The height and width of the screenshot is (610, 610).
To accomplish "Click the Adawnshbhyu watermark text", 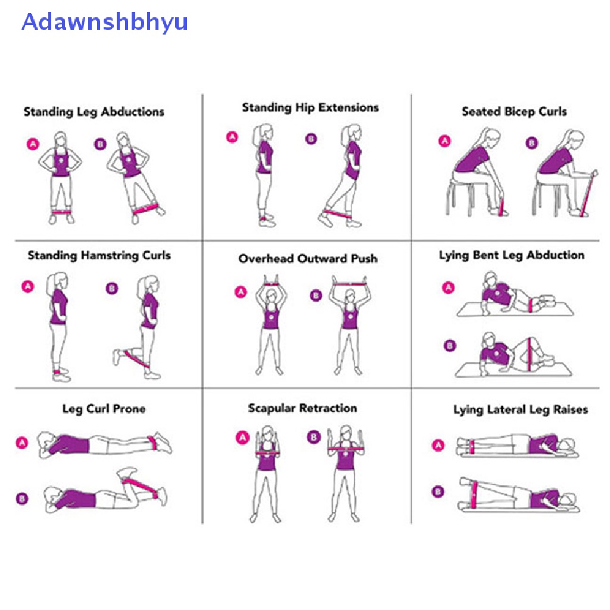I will [105, 22].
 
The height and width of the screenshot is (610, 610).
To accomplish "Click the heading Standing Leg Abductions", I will [94, 112].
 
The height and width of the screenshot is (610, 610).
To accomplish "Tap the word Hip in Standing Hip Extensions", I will [304, 108].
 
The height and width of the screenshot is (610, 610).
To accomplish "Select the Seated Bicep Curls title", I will [514, 111].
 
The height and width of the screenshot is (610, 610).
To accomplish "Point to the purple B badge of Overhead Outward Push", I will [316, 295].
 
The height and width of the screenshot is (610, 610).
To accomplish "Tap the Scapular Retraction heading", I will [302, 408].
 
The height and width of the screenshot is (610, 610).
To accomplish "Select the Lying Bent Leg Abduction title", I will [511, 256].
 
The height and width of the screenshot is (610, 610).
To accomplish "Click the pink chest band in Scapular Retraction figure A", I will [269, 454].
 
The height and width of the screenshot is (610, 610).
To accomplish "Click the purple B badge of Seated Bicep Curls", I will [531, 143].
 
